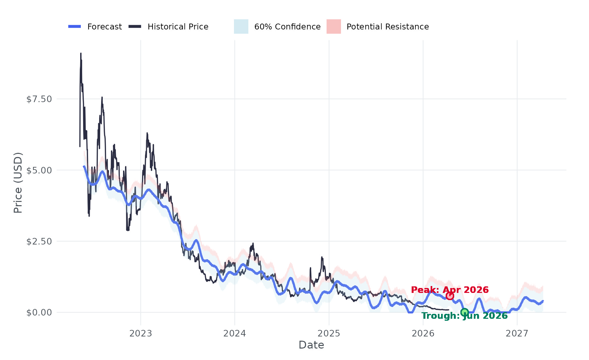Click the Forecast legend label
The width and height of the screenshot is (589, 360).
tap(104, 27)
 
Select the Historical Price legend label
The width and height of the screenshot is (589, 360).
tap(178, 27)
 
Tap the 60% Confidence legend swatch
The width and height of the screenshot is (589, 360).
tap(241, 27)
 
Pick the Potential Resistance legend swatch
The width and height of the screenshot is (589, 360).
tap(333, 27)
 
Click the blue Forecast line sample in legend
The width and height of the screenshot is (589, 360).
tap(75, 27)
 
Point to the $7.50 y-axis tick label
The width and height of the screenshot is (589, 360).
tap(39, 99)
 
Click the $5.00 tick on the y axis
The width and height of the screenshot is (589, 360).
tap(39, 170)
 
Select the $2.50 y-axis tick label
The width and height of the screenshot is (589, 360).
tap(39, 241)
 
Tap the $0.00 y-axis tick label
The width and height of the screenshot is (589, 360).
tap(39, 313)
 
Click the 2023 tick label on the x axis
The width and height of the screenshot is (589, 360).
tap(141, 333)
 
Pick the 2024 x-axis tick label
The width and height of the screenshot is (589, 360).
tap(235, 333)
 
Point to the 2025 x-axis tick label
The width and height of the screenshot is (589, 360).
tap(329, 333)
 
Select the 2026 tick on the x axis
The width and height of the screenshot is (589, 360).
tap(423, 333)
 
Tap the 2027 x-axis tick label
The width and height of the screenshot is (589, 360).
tap(517, 333)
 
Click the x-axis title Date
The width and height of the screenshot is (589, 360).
tap(311, 345)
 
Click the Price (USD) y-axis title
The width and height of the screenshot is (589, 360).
tap(18, 183)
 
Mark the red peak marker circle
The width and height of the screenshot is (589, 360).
tap(450, 296)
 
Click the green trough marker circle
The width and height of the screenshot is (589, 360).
tap(464, 312)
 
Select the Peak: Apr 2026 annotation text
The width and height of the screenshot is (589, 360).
tap(450, 290)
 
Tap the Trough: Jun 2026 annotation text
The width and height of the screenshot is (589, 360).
tap(464, 316)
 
